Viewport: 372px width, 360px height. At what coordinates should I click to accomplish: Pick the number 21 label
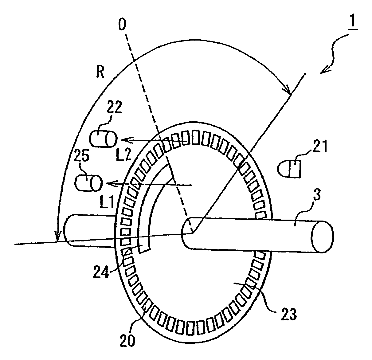[x=320, y=147]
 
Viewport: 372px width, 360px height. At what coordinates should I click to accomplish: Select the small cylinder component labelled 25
[x=88, y=183]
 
